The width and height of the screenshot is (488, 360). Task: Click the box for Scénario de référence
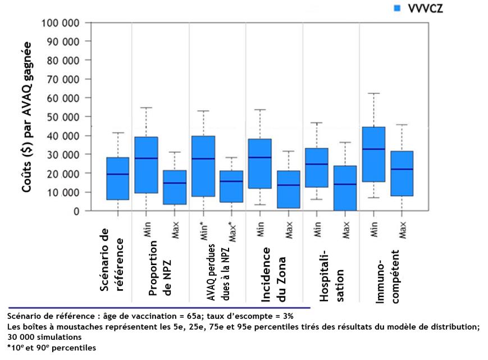(x=118, y=179)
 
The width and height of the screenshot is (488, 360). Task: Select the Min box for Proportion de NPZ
(x=147, y=165)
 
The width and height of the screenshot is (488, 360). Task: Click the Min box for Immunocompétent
(x=374, y=154)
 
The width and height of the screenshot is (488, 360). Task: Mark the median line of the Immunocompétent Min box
(x=374, y=149)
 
